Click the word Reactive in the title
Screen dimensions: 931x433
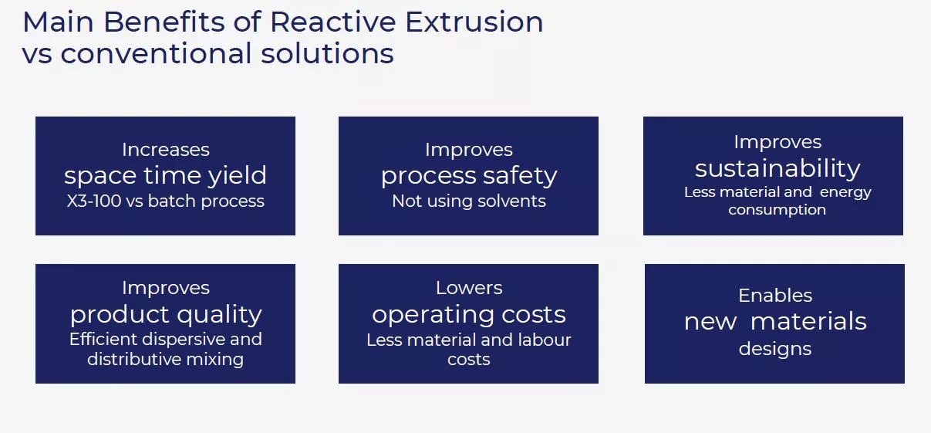coord(332,22)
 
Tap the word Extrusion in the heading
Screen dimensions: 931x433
coord(474,22)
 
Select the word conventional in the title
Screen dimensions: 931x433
coord(156,53)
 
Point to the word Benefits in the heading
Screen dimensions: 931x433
coord(164,22)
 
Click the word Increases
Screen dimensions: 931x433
coord(165,150)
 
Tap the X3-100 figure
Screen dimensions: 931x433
coord(94,201)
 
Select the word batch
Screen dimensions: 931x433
coord(172,201)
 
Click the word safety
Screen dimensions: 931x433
coord(520,176)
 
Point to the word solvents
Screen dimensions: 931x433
coord(511,201)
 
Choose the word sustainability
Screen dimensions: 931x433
coord(778,168)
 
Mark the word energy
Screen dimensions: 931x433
coord(845,193)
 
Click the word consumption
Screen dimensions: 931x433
coord(777,210)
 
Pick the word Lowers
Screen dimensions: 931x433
coord(469,288)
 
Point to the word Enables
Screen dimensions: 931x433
coord(775,296)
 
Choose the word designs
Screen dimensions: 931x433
coord(774,349)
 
